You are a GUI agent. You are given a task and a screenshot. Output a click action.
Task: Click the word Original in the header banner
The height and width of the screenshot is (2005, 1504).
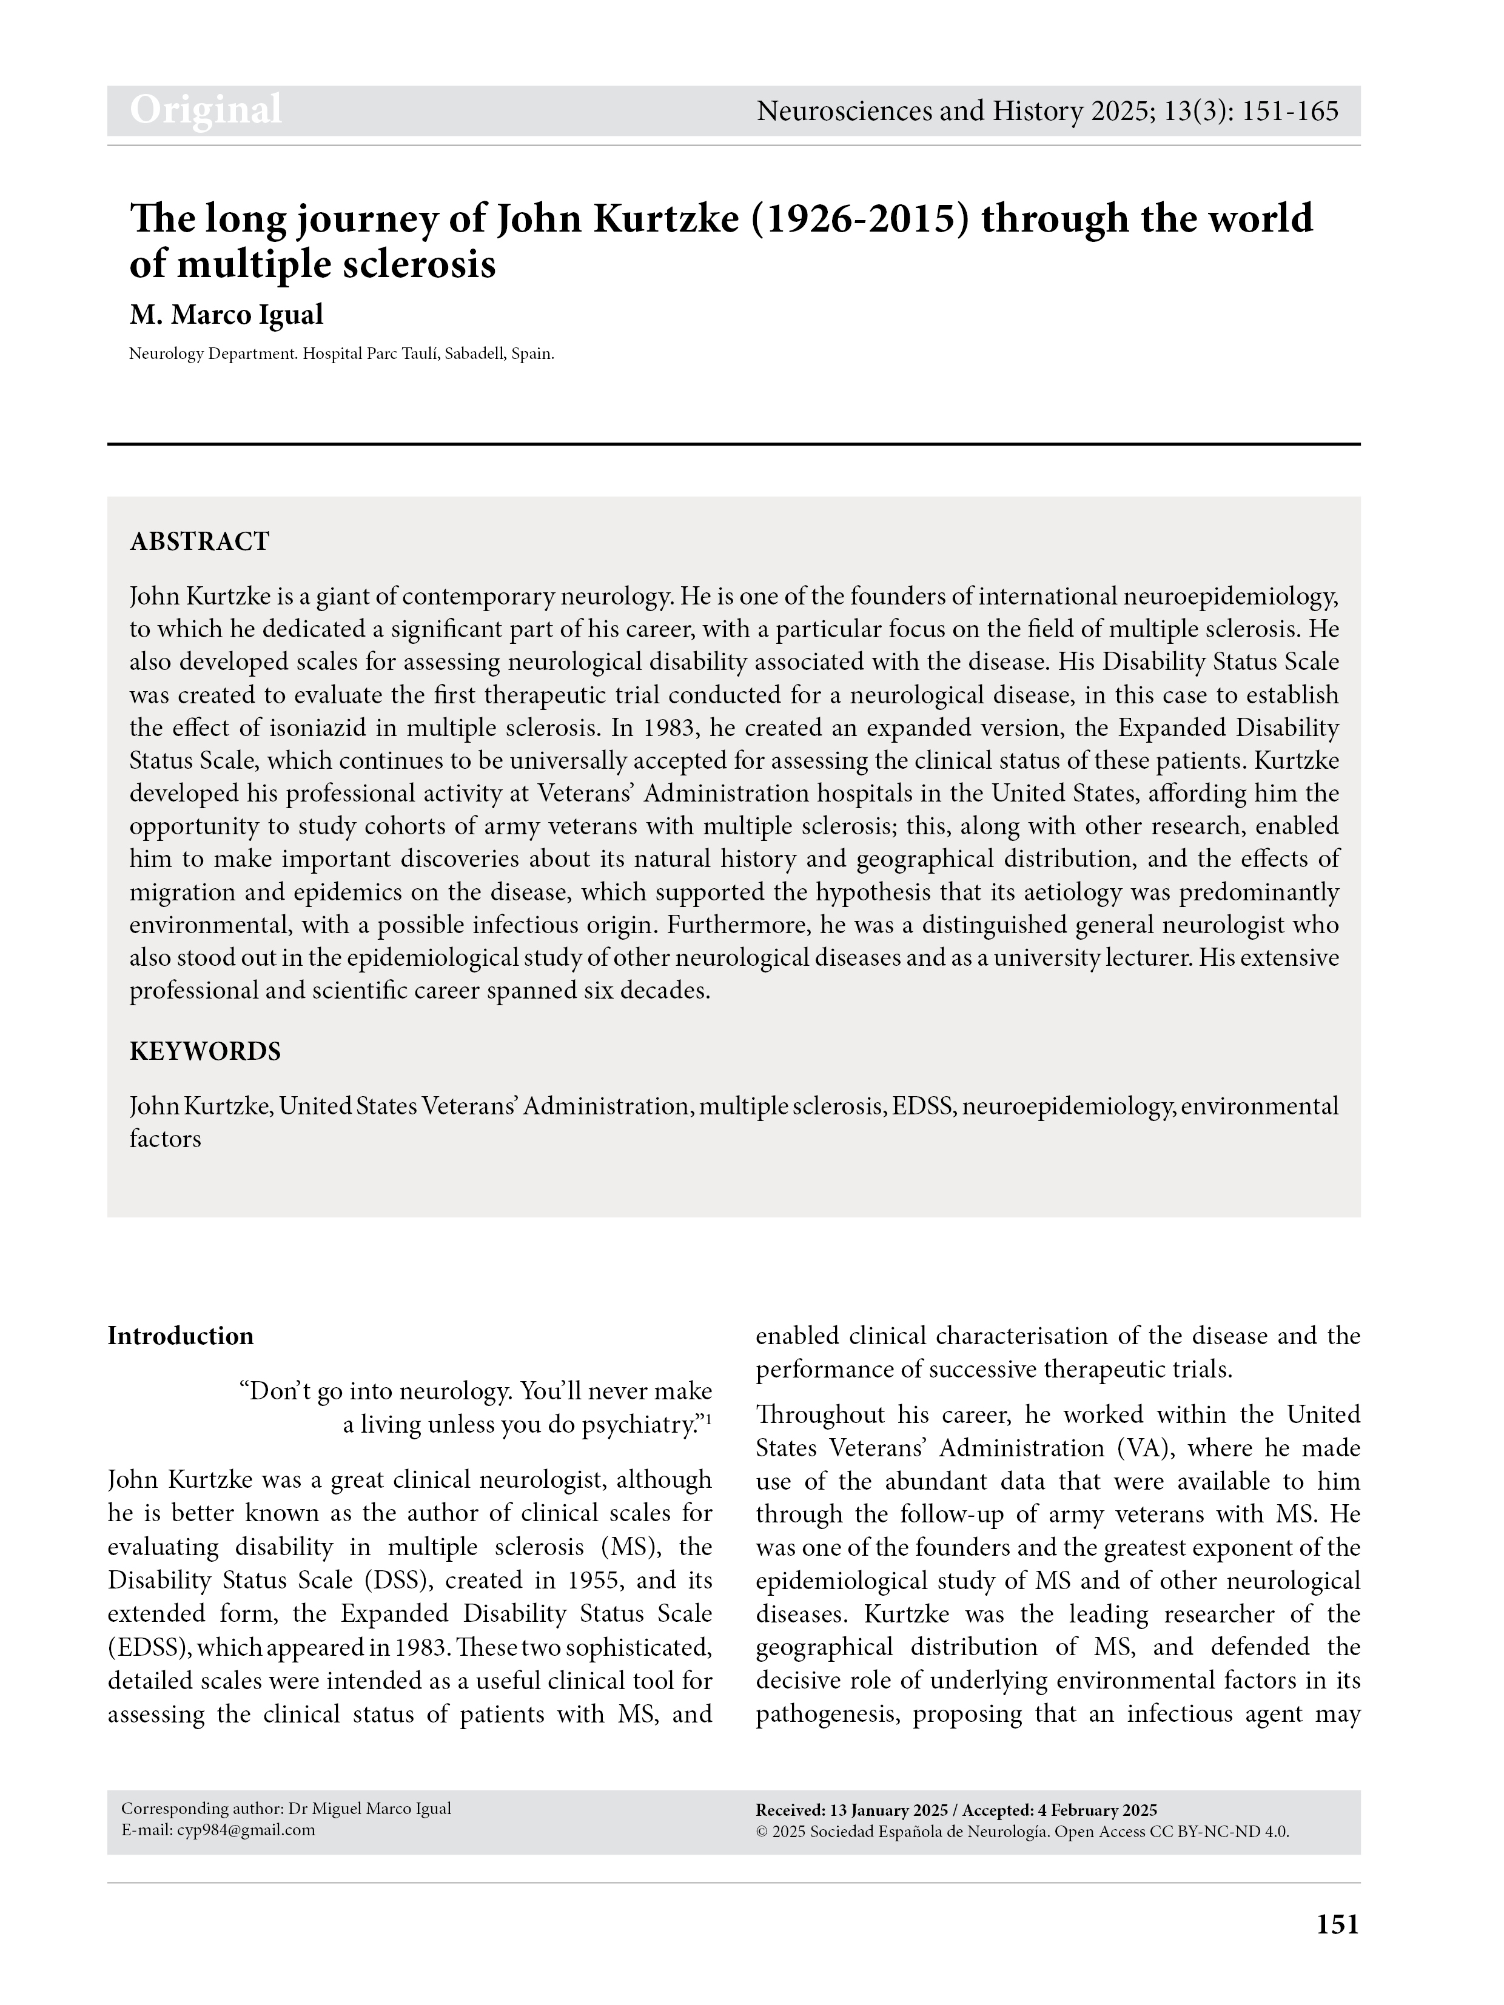206,110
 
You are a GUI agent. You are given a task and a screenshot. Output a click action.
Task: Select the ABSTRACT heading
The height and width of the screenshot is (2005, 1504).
200,541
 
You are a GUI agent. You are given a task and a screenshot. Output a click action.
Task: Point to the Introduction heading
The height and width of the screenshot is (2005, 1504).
180,1336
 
